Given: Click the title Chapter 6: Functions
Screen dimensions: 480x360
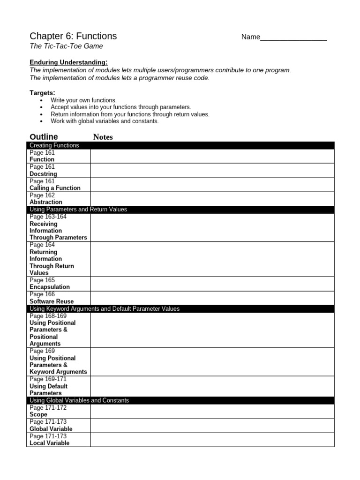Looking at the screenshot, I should [73, 37].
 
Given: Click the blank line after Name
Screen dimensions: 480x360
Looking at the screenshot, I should [293, 37].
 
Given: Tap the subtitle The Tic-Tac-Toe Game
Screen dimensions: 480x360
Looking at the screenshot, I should [66, 46].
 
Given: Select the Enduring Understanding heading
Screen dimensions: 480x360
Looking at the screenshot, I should [68, 62].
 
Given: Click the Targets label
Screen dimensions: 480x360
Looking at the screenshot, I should [42, 93].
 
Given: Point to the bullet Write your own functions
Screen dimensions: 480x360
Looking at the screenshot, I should [83, 100].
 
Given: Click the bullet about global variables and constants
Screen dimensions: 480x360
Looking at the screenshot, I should [105, 121].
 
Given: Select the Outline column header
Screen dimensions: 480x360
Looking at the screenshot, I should [44, 137].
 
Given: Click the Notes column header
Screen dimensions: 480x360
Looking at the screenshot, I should [103, 137].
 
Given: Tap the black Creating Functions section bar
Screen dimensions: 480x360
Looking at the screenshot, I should [180, 145].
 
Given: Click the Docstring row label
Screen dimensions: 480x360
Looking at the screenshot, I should [43, 174].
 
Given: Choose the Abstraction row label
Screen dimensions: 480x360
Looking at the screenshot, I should [45, 202].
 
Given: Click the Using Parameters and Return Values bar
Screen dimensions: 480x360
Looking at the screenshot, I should [180, 210].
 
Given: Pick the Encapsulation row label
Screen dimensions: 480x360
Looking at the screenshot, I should [49, 287].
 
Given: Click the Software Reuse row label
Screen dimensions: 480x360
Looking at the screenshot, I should [51, 301].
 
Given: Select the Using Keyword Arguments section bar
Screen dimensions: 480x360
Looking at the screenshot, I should [180, 309].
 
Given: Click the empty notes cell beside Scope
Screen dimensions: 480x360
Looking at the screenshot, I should [212, 411].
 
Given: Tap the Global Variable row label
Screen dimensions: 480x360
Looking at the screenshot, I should [51, 429].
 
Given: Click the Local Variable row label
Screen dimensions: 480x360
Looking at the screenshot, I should [49, 443].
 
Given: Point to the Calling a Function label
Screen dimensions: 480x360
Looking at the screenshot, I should [55, 188].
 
